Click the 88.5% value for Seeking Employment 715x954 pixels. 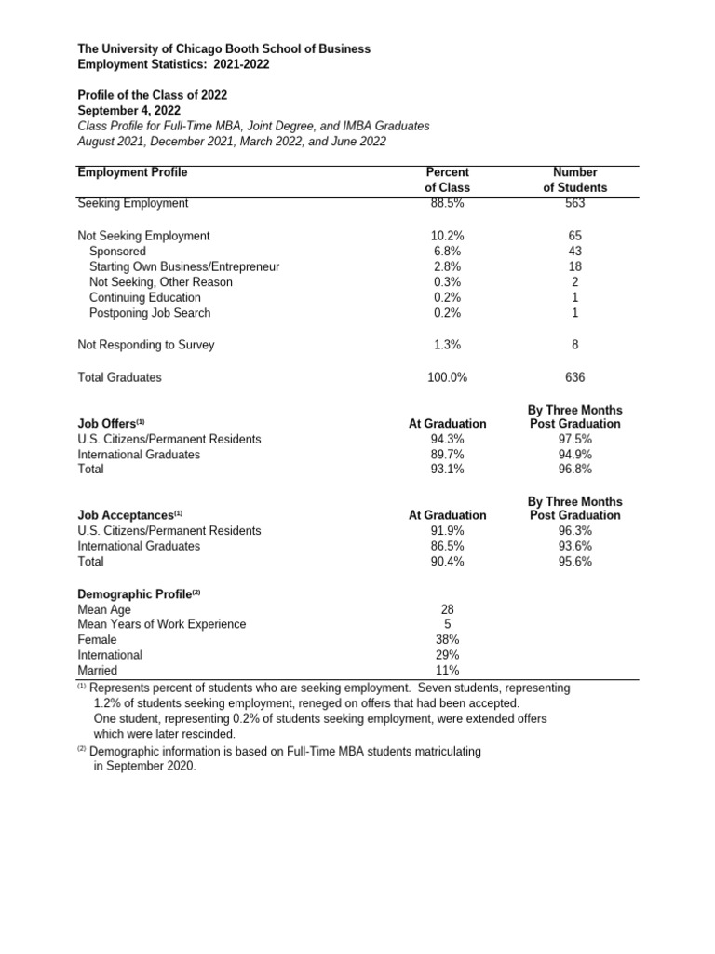pos(447,203)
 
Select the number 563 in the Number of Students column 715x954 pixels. pos(574,203)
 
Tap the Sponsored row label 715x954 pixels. pos(117,252)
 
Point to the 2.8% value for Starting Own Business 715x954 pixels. pos(447,266)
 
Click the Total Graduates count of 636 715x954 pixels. pos(574,377)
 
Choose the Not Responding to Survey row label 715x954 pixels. pos(145,345)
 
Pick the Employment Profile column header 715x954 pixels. pos(132,172)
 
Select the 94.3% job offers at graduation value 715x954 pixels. pos(447,439)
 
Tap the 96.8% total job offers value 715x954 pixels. pos(574,470)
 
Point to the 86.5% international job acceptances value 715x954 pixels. pos(447,546)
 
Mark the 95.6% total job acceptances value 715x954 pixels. pos(574,562)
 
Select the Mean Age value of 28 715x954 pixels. pos(447,608)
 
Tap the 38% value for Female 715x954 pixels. pos(447,639)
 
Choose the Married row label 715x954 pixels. pos(98,670)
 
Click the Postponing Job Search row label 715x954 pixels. pos(150,313)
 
